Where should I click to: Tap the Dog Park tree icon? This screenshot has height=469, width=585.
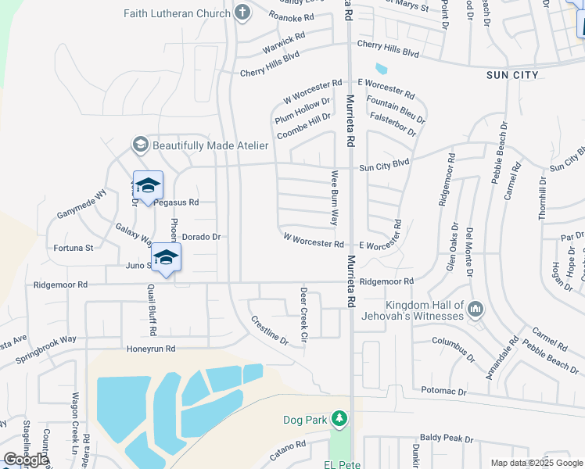point(339,420)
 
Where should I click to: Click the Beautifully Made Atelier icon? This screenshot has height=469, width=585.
point(140,145)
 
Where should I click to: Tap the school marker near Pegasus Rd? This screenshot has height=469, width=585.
point(148,186)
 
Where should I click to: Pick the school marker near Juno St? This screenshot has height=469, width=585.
point(166,258)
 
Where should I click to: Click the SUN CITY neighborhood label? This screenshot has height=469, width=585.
point(512,74)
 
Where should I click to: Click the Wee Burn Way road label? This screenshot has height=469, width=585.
point(335,199)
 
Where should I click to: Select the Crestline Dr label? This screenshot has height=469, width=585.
point(269,330)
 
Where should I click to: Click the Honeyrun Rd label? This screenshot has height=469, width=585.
point(148,349)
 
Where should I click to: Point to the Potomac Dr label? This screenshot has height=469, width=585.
point(443,391)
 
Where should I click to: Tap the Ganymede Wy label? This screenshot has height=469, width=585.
point(81,205)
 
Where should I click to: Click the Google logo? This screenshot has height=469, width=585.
point(26,460)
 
